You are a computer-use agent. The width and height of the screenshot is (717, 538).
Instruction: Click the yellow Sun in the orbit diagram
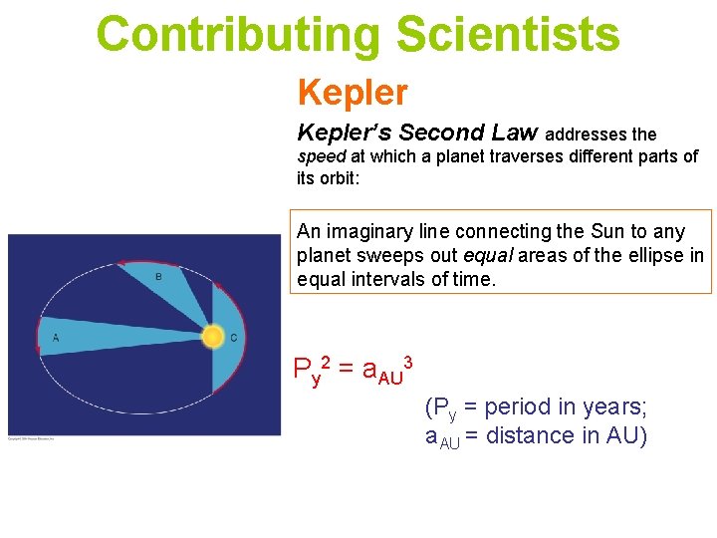coord(212,337)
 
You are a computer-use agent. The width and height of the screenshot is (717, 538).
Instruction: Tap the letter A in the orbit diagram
coord(56,338)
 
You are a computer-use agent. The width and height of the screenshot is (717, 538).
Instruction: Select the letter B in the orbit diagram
coord(158,276)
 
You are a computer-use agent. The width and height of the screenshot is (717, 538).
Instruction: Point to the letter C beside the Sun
coord(233,338)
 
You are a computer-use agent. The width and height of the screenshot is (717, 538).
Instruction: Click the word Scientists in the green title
coord(507,34)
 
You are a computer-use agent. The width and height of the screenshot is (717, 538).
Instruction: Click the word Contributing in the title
coord(238,34)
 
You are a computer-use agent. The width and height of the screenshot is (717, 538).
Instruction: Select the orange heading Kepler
coord(353,93)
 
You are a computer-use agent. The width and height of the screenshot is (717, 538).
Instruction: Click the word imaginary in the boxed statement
coord(383,231)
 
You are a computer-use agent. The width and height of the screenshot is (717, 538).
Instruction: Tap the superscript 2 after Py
coord(326,360)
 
